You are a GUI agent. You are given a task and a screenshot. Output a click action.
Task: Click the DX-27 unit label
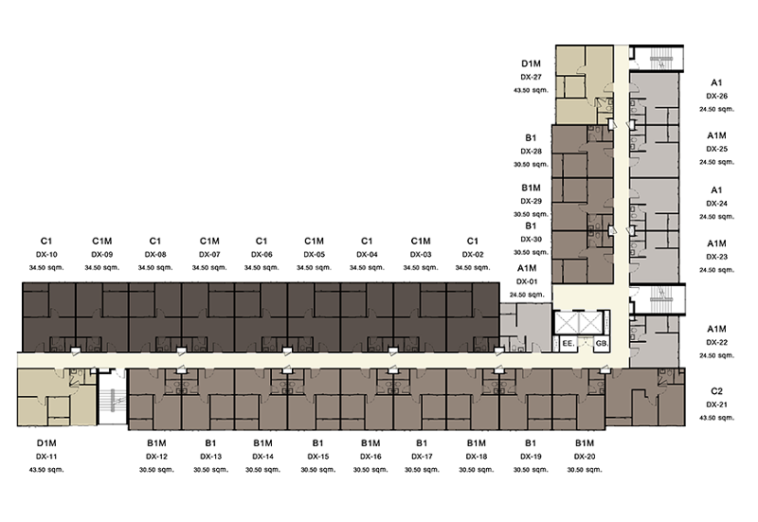coord(531,77)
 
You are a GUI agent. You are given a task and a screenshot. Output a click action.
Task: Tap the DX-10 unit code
coord(46,255)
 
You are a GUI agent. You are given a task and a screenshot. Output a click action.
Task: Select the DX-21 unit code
coord(716,405)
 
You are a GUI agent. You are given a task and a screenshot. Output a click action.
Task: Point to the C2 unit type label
coord(716,391)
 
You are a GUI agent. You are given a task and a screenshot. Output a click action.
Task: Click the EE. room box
coord(568,344)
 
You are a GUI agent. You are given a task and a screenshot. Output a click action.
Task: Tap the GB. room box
coord(602,344)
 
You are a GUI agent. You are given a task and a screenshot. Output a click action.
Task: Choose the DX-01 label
coord(527,281)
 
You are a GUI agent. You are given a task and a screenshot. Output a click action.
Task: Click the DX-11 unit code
coord(46,457)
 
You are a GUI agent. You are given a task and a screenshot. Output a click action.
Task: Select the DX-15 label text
coord(318,457)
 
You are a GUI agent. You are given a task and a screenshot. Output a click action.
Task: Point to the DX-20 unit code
coord(585,457)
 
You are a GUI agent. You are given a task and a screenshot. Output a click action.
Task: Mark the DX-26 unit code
coord(716,97)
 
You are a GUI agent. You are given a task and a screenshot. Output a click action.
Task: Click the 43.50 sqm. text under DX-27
coord(531,90)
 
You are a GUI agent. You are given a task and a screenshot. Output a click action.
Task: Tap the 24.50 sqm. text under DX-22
coord(716,355)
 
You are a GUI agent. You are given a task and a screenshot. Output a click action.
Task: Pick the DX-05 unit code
coord(315,255)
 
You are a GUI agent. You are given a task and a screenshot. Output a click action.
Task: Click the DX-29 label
coord(531,201)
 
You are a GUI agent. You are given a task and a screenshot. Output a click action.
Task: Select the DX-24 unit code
coord(716,204)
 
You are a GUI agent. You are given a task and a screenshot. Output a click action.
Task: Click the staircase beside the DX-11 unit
coord(113,397)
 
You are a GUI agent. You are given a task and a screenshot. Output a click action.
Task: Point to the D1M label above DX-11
coord(46,443)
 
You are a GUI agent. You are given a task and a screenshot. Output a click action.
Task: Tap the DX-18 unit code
coord(477,457)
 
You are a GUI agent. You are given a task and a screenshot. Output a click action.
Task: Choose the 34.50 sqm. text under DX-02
coord(472,268)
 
